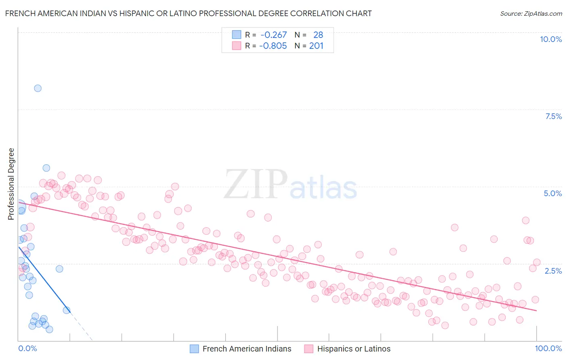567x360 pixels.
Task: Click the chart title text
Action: (x=188, y=13)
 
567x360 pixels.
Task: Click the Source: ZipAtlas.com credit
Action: (x=531, y=13)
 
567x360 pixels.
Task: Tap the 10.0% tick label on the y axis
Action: (x=550, y=39)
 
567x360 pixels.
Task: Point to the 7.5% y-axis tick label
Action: (x=553, y=116)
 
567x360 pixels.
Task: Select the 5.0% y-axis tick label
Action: (x=552, y=193)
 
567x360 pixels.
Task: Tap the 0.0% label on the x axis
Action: (x=28, y=348)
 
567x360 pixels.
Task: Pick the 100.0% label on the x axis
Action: (x=548, y=348)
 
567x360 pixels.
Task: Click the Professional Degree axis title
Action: (x=11, y=184)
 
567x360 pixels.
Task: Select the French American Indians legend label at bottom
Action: (x=247, y=349)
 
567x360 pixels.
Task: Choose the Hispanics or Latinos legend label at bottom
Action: (x=354, y=349)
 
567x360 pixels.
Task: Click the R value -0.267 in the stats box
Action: (x=273, y=35)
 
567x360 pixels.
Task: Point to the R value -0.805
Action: (x=273, y=46)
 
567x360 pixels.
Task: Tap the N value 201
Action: (x=316, y=46)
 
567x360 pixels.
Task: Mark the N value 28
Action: (x=318, y=35)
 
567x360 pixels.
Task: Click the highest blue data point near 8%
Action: (x=38, y=88)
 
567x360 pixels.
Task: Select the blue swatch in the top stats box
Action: (x=236, y=35)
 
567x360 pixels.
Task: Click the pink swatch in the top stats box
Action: (x=236, y=46)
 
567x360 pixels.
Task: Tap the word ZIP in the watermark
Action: (x=255, y=184)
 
